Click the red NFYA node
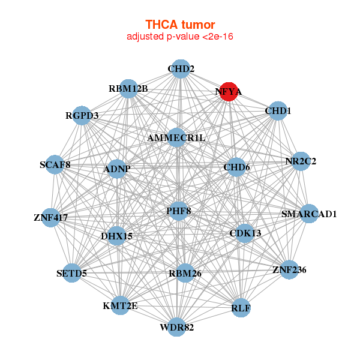229,92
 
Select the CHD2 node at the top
180,69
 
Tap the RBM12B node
128,89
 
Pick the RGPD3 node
82,115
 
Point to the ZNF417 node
51,217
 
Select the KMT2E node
120,305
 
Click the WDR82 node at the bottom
176,327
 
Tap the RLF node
241,308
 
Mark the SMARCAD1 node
309,214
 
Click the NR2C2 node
300,161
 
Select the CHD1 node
277,111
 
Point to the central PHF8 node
179,211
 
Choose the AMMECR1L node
176,138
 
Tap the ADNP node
117,169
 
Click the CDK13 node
245,233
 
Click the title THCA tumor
180,25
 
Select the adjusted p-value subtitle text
180,37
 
